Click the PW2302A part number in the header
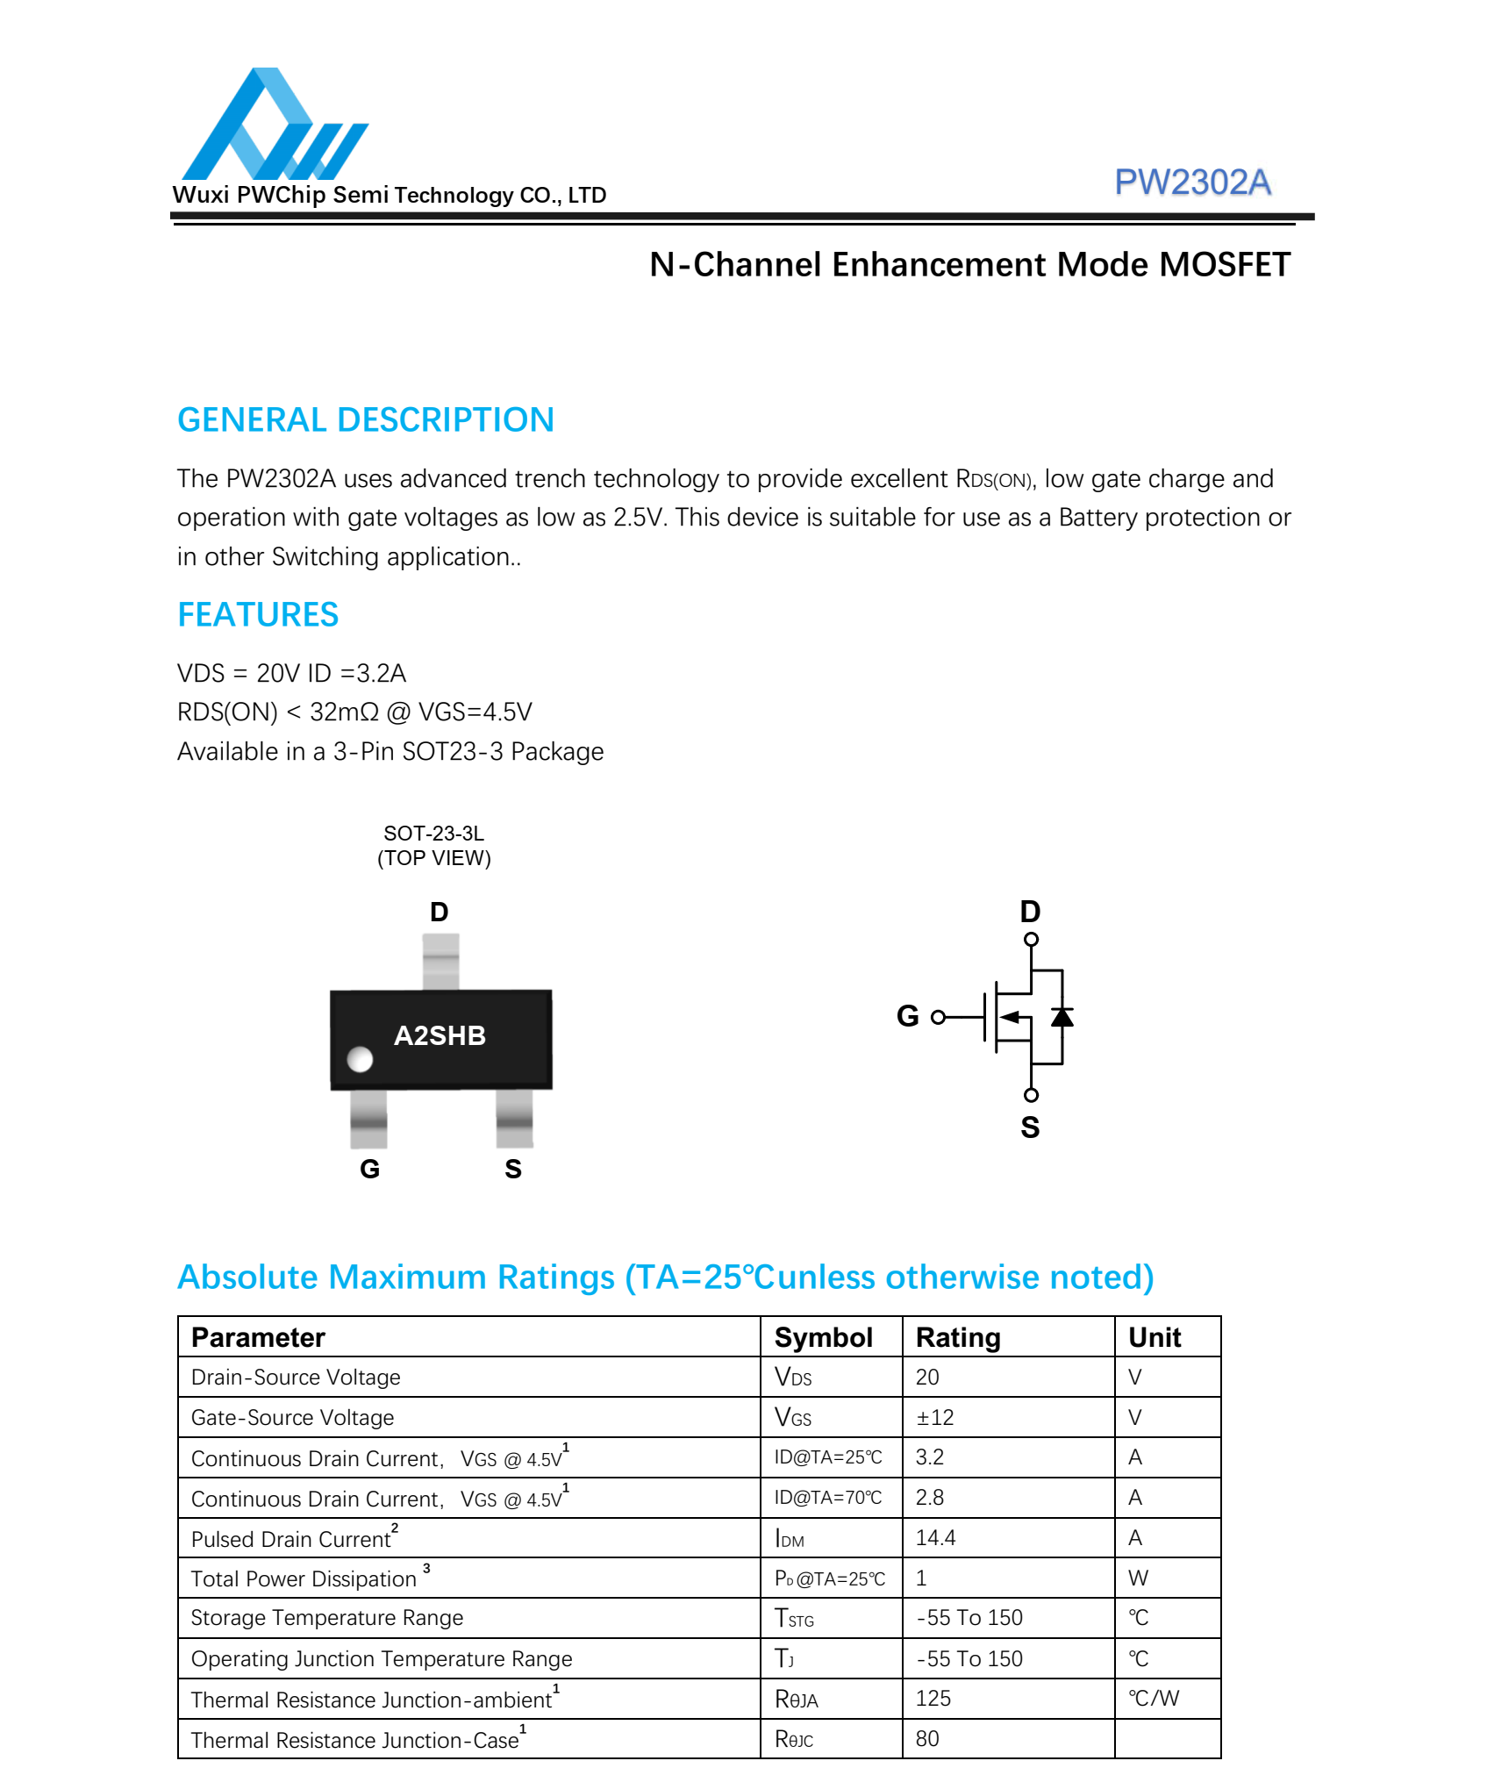pyautogui.click(x=1191, y=183)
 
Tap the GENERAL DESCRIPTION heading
pyautogui.click(x=365, y=420)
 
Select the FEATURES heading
pyautogui.click(x=258, y=615)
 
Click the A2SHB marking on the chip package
pyautogui.click(x=440, y=1035)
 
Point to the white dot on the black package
pyautogui.click(x=360, y=1059)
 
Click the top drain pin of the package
pyautogui.click(x=440, y=962)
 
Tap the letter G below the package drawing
pyautogui.click(x=369, y=1169)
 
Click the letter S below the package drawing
pyautogui.click(x=513, y=1169)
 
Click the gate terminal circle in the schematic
pyautogui.click(x=938, y=1017)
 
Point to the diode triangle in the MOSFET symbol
pyautogui.click(x=1062, y=1017)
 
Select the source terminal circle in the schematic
pyautogui.click(x=1031, y=1094)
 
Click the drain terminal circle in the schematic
pyautogui.click(x=1031, y=940)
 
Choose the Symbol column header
pyautogui.click(x=823, y=1337)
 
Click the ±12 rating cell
pyautogui.click(x=934, y=1417)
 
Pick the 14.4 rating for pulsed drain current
pyautogui.click(x=935, y=1537)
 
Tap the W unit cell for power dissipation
pyautogui.click(x=1138, y=1578)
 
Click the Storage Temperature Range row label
pyautogui.click(x=326, y=1617)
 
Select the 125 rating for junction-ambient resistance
pyautogui.click(x=933, y=1698)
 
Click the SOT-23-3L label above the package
pyautogui.click(x=433, y=833)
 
